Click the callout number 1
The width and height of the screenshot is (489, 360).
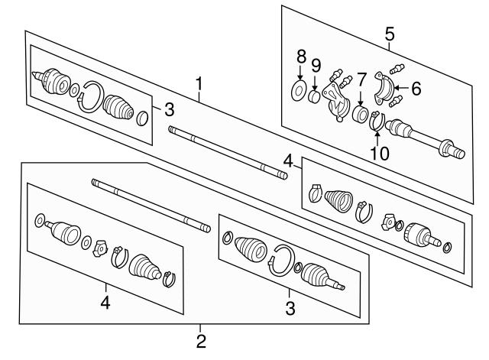click(199, 83)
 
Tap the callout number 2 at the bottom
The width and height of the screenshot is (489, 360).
click(201, 342)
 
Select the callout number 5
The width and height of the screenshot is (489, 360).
click(390, 34)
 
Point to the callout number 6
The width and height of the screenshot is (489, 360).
click(416, 89)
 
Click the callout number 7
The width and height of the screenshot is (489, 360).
click(361, 79)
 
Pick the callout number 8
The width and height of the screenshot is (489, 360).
click(300, 57)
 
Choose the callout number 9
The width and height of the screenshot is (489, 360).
click(316, 66)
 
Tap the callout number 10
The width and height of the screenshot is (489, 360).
click(380, 154)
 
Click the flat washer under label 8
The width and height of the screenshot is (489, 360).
click(299, 90)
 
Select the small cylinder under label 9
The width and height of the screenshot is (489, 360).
click(314, 96)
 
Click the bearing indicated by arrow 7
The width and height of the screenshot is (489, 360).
click(361, 114)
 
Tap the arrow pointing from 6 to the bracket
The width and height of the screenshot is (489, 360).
click(401, 89)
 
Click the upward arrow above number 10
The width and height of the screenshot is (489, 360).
click(377, 139)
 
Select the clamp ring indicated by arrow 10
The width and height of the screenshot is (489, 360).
click(377, 121)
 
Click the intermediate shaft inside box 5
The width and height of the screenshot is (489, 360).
click(426, 138)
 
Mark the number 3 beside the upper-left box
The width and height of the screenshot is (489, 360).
click(169, 109)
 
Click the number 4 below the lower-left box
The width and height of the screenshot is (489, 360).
click(105, 302)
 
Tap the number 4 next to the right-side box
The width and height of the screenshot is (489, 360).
click(289, 162)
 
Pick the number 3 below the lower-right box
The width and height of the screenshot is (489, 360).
click(290, 308)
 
